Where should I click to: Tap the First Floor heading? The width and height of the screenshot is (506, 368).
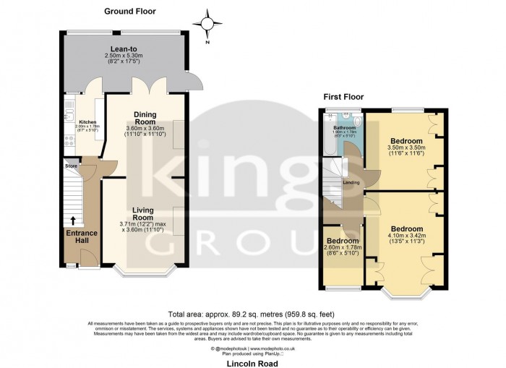pyautogui.click(x=343, y=97)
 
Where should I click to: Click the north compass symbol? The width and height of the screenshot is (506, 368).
pyautogui.click(x=210, y=25)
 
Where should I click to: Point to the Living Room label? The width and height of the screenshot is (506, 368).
pyautogui.click(x=142, y=213)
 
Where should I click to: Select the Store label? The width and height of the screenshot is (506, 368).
pyautogui.click(x=71, y=166)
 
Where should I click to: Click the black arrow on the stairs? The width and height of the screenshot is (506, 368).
pyautogui.click(x=73, y=221)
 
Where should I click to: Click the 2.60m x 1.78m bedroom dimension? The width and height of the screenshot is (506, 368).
pyautogui.click(x=343, y=248)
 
